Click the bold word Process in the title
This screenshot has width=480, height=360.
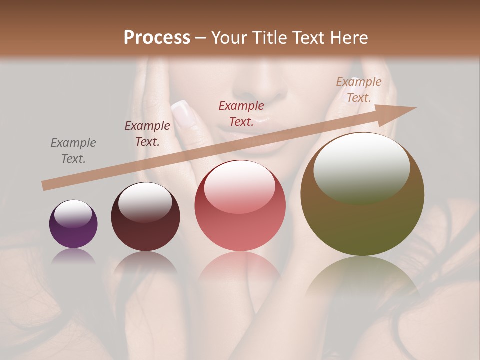157,38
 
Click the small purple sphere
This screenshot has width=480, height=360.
73,224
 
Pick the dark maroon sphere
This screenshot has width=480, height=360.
145,217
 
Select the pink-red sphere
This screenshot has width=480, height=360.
240,205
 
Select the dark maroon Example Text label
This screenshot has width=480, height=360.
147,134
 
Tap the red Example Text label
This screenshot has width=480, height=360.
241,114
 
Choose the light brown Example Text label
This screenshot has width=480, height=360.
359,90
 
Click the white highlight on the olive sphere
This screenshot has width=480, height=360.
361,167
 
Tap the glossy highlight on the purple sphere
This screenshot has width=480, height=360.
73,214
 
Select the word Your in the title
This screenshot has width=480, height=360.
229,38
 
